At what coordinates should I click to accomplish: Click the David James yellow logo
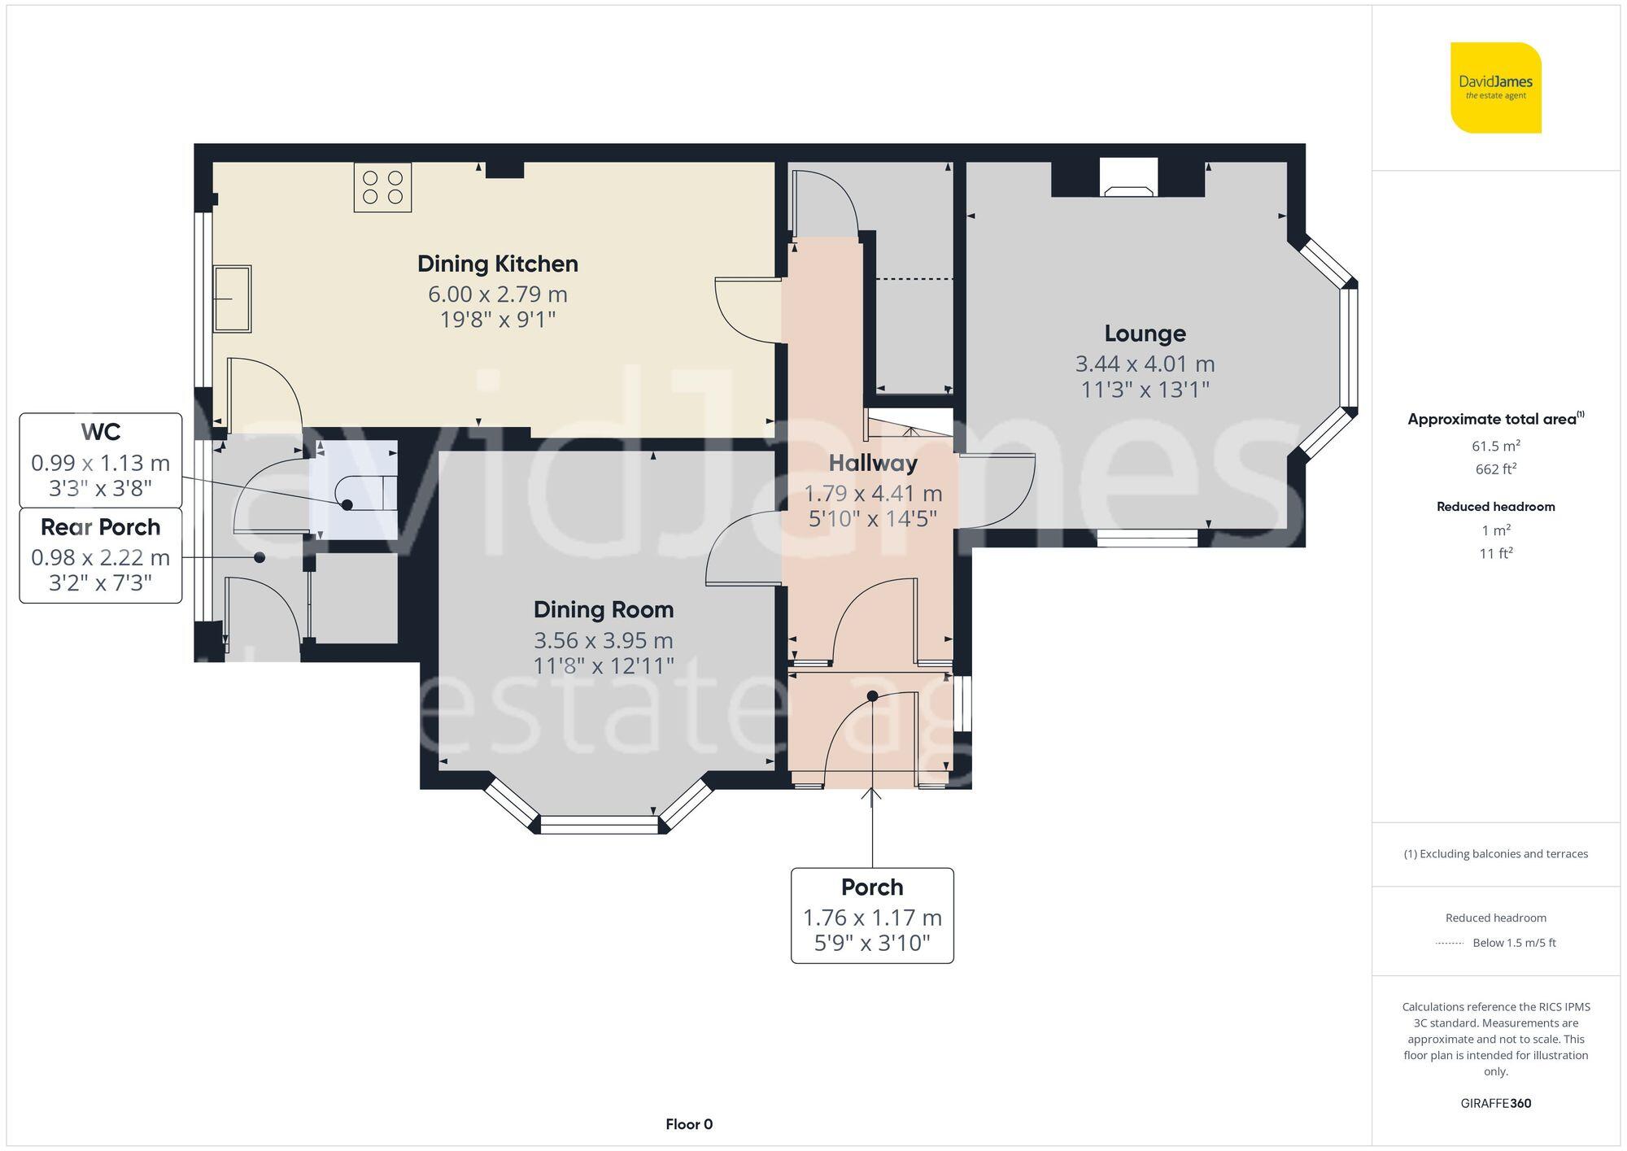coord(1495,88)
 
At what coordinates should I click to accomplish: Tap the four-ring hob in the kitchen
coord(382,187)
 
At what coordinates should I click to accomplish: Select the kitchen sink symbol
coord(232,299)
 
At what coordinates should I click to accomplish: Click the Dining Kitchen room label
coord(497,264)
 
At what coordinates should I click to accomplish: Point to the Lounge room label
coord(1145,334)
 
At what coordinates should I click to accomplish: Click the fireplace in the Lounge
coord(1128,178)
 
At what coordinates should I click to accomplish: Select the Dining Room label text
coord(603,609)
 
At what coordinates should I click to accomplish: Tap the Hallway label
coord(873,463)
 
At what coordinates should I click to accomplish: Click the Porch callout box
coord(872,915)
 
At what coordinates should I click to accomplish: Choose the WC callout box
coord(100,460)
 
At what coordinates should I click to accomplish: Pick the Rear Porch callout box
coord(100,556)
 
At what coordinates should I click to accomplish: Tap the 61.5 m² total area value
coord(1495,446)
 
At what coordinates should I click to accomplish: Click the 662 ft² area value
coord(1495,469)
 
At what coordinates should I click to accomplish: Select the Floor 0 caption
coord(688,1124)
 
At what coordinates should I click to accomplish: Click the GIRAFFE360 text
coord(1495,1103)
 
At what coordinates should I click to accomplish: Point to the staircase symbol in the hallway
coord(908,423)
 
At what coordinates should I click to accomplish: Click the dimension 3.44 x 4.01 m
coord(1145,364)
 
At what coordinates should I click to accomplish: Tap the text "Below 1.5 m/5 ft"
coord(1513,943)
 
